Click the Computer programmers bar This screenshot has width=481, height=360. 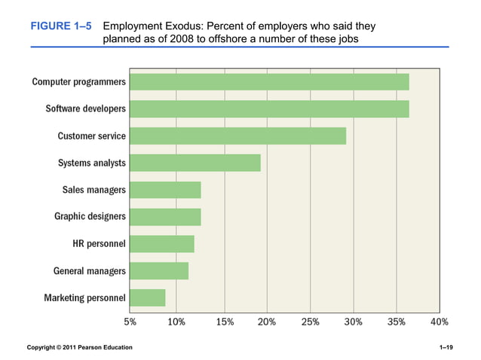[x=268, y=81]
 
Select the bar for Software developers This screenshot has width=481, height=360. [x=268, y=108]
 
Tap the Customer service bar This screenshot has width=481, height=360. [x=237, y=136]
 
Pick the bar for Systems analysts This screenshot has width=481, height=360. [x=195, y=163]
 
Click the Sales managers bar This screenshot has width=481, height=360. [x=164, y=190]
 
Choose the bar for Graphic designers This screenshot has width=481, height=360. [x=164, y=217]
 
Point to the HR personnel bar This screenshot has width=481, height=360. [x=161, y=243]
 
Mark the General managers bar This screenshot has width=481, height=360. [x=158, y=270]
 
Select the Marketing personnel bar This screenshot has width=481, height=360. [x=147, y=297]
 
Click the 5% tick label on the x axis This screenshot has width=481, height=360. [x=130, y=322]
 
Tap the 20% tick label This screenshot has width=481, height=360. [x=265, y=322]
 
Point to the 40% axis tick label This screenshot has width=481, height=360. [x=439, y=322]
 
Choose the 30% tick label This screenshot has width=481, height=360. [x=353, y=322]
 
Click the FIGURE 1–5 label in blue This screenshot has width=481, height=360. [x=61, y=26]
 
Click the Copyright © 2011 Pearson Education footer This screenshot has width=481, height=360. [x=79, y=347]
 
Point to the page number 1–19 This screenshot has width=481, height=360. [x=445, y=347]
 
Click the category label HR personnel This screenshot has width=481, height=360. [x=99, y=243]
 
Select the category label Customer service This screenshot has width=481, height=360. [x=91, y=136]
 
